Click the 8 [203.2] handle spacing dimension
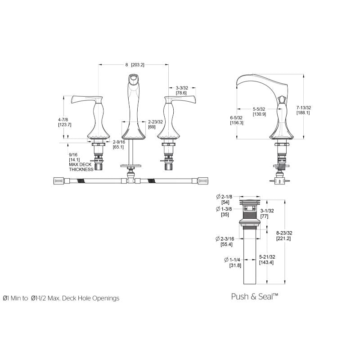click(135, 65)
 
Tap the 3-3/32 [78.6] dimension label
click(182, 90)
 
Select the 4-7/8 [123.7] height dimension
click(64, 122)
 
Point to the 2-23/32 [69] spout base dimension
click(155, 124)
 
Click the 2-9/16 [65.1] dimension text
click(119, 144)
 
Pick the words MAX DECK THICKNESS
click(81, 167)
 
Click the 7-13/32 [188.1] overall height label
click(303, 110)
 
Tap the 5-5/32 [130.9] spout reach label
click(259, 112)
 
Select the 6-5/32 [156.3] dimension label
click(237, 120)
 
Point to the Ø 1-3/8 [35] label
click(224, 211)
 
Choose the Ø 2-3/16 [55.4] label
click(225, 242)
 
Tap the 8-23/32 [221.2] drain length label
click(284, 236)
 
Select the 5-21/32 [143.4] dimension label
click(267, 260)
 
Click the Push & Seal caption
click(255, 297)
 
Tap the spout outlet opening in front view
click(133, 79)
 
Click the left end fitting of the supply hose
click(58, 181)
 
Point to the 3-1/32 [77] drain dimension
click(267, 213)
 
